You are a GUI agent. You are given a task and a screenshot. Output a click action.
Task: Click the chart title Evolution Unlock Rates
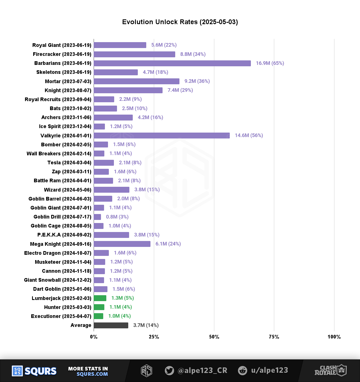pyautogui.click(x=180, y=22)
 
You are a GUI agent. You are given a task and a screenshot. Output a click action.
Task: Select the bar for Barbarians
pyautogui.click(x=172, y=63)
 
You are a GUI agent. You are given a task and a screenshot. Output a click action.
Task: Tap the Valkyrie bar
pyautogui.click(x=162, y=135)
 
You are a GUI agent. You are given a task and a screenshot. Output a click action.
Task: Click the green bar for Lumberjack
pyautogui.click(x=100, y=298)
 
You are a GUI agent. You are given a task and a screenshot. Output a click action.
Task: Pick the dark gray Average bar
pyautogui.click(x=111, y=325)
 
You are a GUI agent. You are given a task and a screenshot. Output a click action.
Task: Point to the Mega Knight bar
pyautogui.click(x=122, y=244)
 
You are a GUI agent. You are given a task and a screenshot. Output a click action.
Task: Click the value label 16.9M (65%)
pyautogui.click(x=270, y=63)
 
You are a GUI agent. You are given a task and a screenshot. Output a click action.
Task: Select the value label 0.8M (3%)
pyautogui.click(x=117, y=217)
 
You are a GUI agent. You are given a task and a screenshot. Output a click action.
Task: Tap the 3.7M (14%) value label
pyautogui.click(x=146, y=325)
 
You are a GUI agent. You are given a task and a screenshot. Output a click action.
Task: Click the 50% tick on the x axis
pyautogui.click(x=214, y=337)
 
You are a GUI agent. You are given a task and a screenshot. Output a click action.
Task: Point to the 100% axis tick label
pyautogui.click(x=334, y=337)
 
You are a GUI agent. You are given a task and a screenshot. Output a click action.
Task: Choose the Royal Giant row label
pyautogui.click(x=62, y=45)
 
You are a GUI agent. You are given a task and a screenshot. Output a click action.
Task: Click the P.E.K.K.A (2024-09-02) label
pyautogui.click(x=64, y=235)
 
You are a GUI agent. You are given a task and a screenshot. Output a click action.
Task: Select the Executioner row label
pyautogui.click(x=61, y=316)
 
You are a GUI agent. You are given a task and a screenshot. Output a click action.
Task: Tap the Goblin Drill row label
pyautogui.click(x=62, y=217)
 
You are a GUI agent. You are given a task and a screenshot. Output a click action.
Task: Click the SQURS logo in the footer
pyautogui.click(x=34, y=371)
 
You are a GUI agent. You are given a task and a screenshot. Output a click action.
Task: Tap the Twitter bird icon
pyautogui.click(x=169, y=370)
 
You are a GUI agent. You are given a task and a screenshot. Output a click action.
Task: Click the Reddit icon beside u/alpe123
pyautogui.click(x=242, y=370)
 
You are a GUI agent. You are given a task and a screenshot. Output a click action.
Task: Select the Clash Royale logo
pyautogui.click(x=330, y=370)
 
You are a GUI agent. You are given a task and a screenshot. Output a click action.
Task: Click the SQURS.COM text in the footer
pyautogui.click(x=92, y=374)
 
